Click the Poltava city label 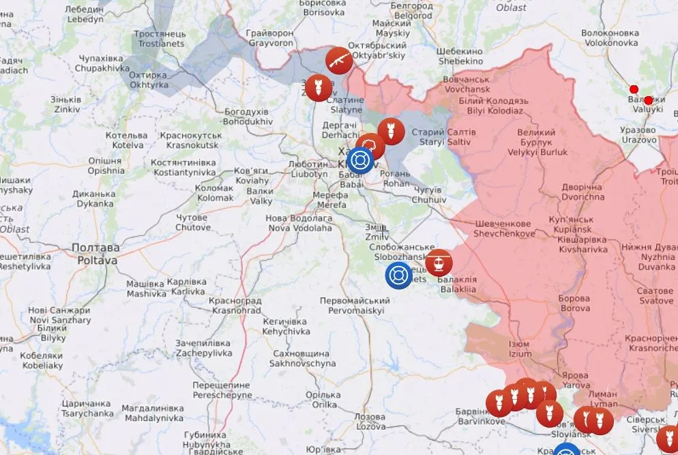click(96, 254)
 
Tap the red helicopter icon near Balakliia click(439, 262)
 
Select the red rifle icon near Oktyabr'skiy click(338, 61)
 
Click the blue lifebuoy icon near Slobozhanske click(398, 276)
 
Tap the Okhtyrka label click(147, 80)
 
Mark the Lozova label click(370, 421)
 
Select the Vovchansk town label click(466, 84)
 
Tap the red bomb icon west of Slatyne click(315, 87)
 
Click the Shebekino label click(460, 56)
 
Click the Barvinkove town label click(482, 417)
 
